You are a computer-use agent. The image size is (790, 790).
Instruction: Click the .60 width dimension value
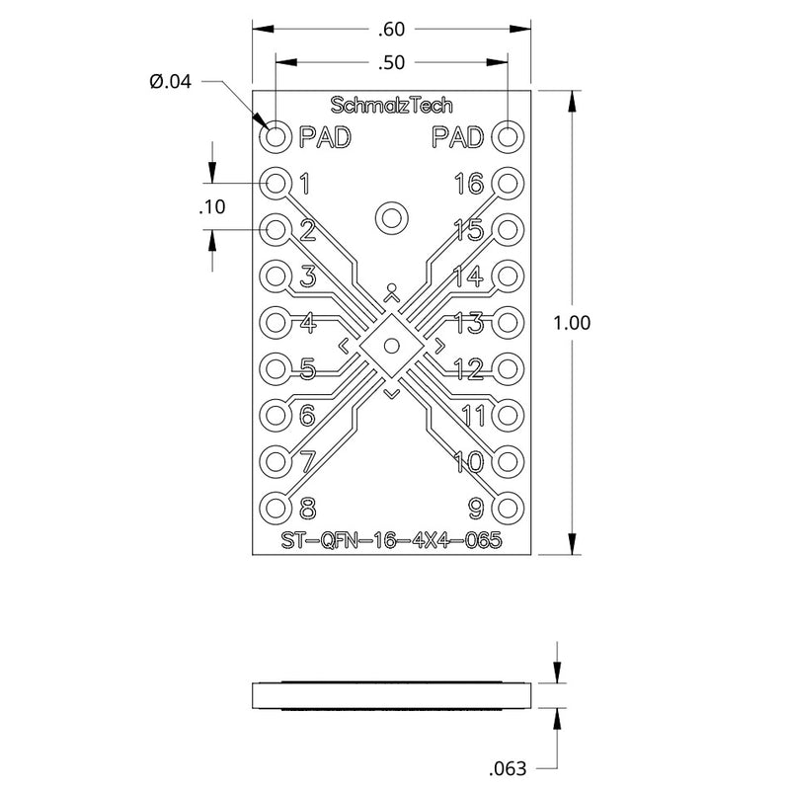(x=391, y=30)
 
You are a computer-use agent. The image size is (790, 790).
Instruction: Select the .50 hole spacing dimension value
(x=391, y=62)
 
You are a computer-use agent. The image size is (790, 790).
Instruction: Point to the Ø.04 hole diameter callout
(x=171, y=81)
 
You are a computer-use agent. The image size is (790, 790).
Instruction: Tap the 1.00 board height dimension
(x=572, y=323)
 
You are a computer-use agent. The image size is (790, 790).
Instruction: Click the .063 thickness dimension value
(x=508, y=769)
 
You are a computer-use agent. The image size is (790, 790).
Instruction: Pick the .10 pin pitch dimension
(x=212, y=207)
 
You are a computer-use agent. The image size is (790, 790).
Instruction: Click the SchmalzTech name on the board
(x=391, y=106)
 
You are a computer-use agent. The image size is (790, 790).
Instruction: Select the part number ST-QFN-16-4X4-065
(x=391, y=540)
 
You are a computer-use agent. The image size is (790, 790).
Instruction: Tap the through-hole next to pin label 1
(x=276, y=184)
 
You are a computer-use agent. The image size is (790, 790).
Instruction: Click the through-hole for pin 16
(x=508, y=184)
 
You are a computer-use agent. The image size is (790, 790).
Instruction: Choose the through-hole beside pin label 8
(x=276, y=508)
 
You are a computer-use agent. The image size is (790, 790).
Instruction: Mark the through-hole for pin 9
(x=508, y=508)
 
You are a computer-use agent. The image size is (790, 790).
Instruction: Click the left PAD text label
(x=325, y=137)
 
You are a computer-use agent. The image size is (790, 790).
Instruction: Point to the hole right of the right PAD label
(x=508, y=137)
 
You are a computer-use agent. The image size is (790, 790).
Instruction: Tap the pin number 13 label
(x=468, y=323)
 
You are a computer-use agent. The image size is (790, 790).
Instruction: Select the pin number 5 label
(x=308, y=368)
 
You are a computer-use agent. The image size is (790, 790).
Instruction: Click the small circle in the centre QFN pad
(x=391, y=346)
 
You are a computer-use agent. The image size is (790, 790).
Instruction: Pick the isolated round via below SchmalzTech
(x=391, y=218)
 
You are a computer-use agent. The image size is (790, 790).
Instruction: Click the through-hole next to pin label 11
(x=508, y=415)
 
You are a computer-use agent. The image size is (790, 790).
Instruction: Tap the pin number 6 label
(x=307, y=415)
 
